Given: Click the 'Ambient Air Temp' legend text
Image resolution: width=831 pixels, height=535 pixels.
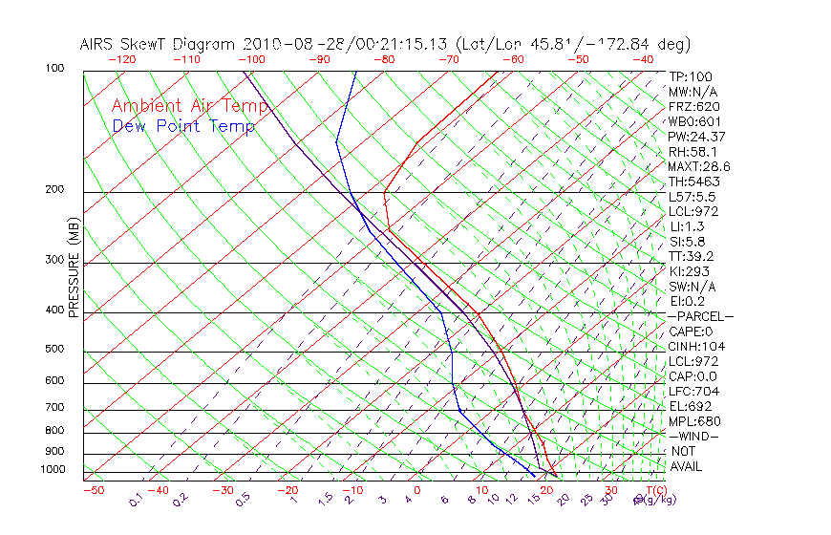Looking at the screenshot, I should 189,106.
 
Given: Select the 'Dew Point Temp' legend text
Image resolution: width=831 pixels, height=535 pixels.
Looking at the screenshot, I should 182,126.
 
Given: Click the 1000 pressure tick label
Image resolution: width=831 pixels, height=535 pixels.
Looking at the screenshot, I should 54,470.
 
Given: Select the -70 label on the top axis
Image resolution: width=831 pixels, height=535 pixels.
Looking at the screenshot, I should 447,59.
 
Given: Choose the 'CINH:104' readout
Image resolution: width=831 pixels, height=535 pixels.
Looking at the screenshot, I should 695,347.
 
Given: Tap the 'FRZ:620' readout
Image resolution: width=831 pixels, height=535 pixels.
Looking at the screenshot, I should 693,106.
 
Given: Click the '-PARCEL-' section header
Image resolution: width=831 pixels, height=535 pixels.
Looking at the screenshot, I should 700,316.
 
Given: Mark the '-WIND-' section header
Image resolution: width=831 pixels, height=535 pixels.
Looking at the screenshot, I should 693,437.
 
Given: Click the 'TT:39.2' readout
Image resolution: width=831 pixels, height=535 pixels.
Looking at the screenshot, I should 692,257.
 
